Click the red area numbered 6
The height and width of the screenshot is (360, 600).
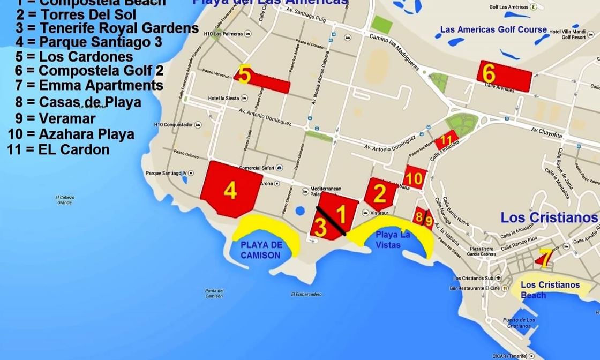pos(504,75)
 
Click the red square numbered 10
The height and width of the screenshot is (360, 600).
pos(415,177)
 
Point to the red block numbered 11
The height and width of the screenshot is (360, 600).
pos(447,141)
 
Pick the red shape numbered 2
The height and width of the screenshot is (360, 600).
pos(380,194)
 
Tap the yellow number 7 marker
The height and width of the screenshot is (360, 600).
pos(544,258)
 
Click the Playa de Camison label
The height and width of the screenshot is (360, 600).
pos(260,250)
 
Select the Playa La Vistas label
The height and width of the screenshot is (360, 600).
pos(393,239)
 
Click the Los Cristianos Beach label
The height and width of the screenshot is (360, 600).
pos(550,290)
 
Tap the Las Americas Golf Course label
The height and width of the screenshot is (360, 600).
pos(493,29)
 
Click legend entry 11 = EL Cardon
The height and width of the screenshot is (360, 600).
pos(59,149)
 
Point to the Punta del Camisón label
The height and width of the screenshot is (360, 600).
pos(214,294)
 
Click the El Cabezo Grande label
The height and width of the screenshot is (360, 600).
pos(65,200)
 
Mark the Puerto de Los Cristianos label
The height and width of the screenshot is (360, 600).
pos(519,323)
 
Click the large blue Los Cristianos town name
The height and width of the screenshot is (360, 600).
pos(549,217)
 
